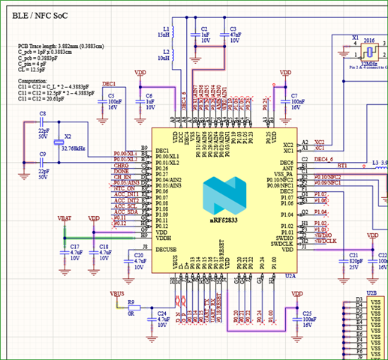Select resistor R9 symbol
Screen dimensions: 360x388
(132, 309)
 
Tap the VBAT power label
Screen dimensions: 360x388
(65, 217)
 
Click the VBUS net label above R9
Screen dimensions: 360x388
(117, 294)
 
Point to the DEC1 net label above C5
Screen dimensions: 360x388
(109, 84)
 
